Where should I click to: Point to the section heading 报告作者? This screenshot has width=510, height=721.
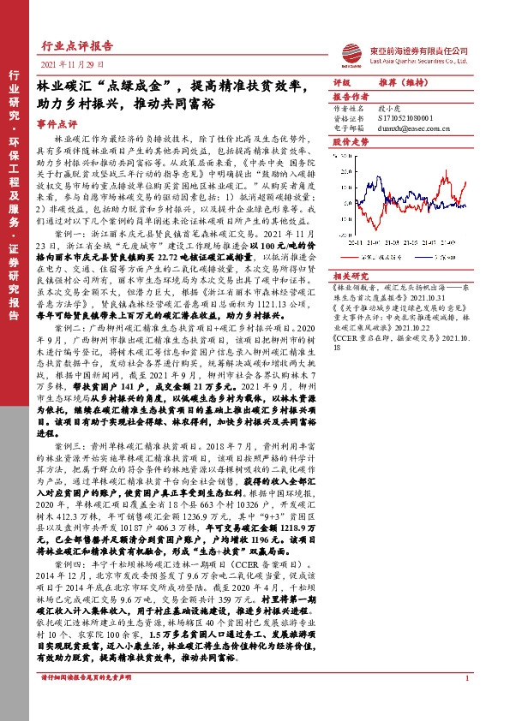(349, 97)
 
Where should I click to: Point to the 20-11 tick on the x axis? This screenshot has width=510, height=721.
(354, 243)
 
